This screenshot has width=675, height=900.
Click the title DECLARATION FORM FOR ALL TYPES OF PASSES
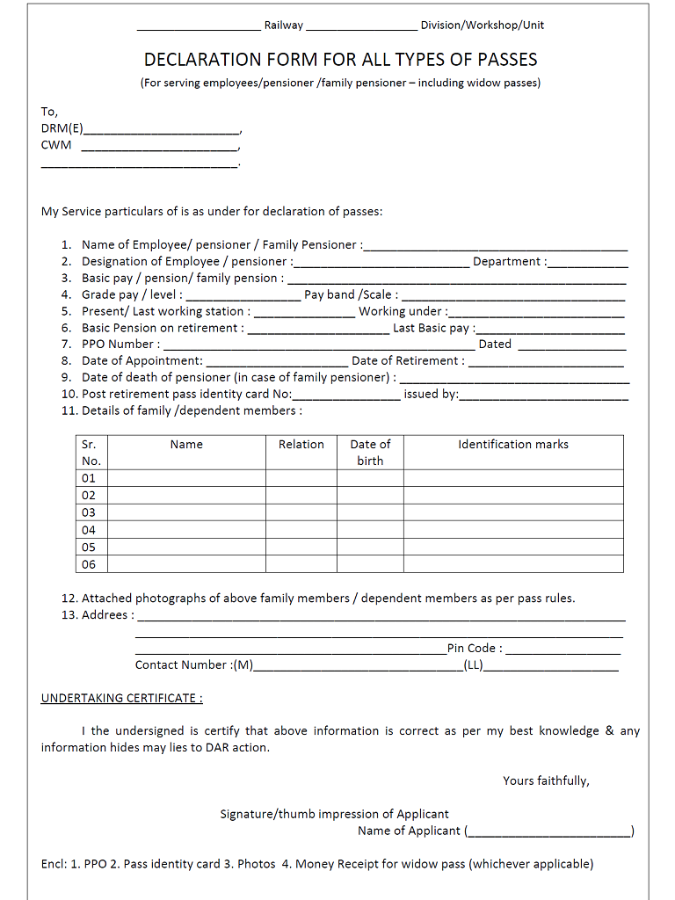click(340, 60)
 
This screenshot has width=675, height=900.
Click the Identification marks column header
click(512, 445)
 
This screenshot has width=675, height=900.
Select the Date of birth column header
click(370, 452)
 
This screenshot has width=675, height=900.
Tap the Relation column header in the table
click(301, 445)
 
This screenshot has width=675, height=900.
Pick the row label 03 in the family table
click(89, 512)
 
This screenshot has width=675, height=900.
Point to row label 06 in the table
click(89, 564)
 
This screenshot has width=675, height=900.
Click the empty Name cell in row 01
click(186, 478)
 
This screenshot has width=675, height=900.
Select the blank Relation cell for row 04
click(301, 530)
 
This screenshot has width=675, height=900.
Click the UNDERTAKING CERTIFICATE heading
click(121, 699)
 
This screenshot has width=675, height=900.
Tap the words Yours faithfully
click(546, 780)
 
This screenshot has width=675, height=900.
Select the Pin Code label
click(475, 649)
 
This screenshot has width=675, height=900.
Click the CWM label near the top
click(56, 145)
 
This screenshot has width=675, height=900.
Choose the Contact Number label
click(194, 665)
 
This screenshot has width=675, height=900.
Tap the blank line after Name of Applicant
click(549, 832)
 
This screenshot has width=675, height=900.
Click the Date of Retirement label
click(408, 361)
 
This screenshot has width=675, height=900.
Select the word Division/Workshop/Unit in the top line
click(482, 25)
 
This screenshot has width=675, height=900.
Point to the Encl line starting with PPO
click(316, 864)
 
